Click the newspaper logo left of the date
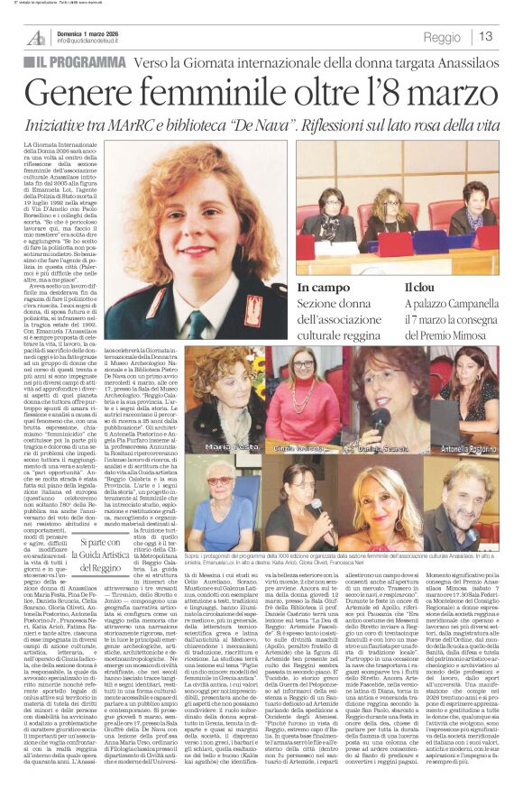pyautogui.click(x=35, y=37)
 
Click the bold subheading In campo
pyautogui.click(x=322, y=288)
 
